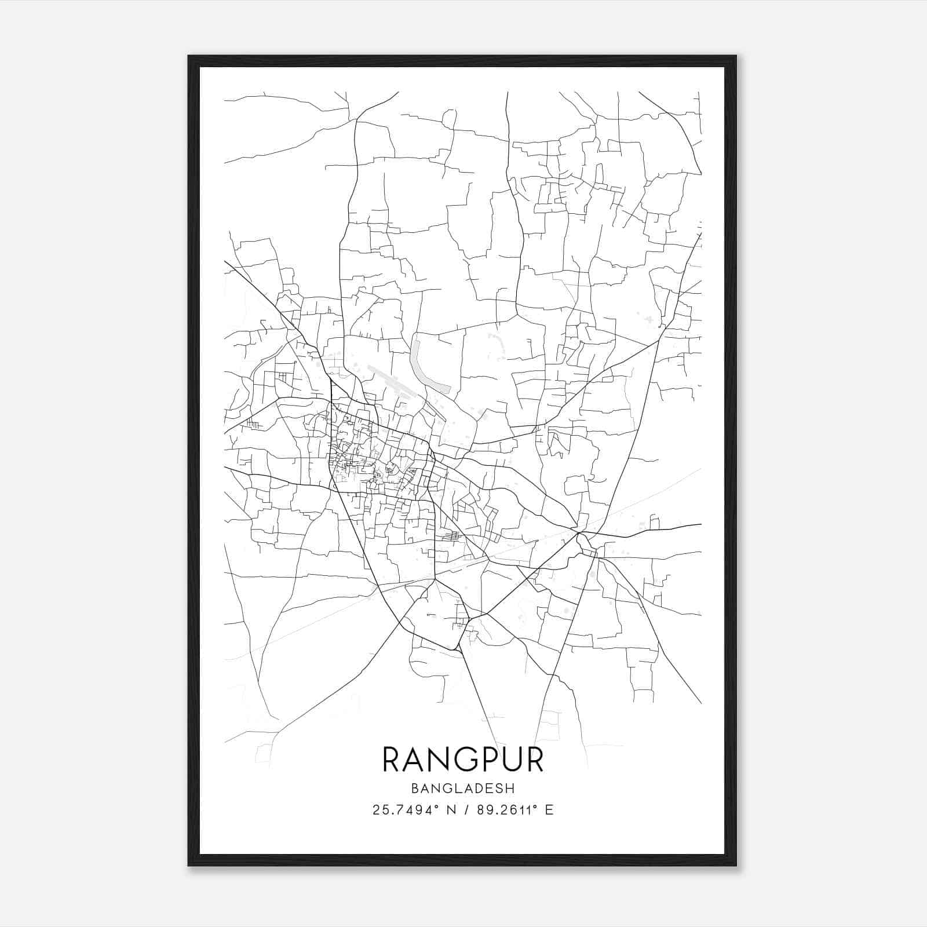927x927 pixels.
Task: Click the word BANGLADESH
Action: coord(463,788)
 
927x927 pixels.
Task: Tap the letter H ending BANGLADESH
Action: coord(510,788)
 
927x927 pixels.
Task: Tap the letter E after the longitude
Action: coord(549,810)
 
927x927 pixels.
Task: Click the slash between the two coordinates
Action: coord(465,810)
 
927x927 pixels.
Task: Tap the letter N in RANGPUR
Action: coord(437,760)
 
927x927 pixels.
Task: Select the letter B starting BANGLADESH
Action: coord(415,788)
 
